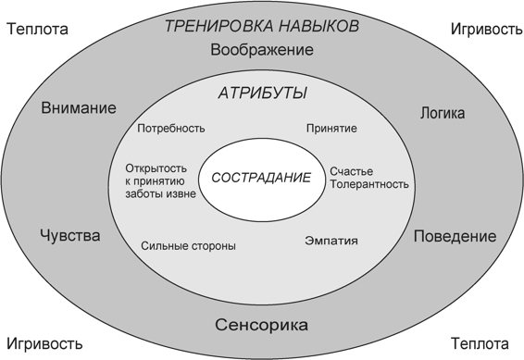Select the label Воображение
tap(262, 50)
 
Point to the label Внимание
tap(79, 108)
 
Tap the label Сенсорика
tap(261, 326)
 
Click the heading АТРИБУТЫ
tap(263, 94)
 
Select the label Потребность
tap(171, 129)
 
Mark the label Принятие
tap(331, 129)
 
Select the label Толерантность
tap(368, 183)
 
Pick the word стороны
tap(212, 247)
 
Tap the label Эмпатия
tap(331, 242)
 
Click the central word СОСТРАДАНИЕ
tap(262, 177)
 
